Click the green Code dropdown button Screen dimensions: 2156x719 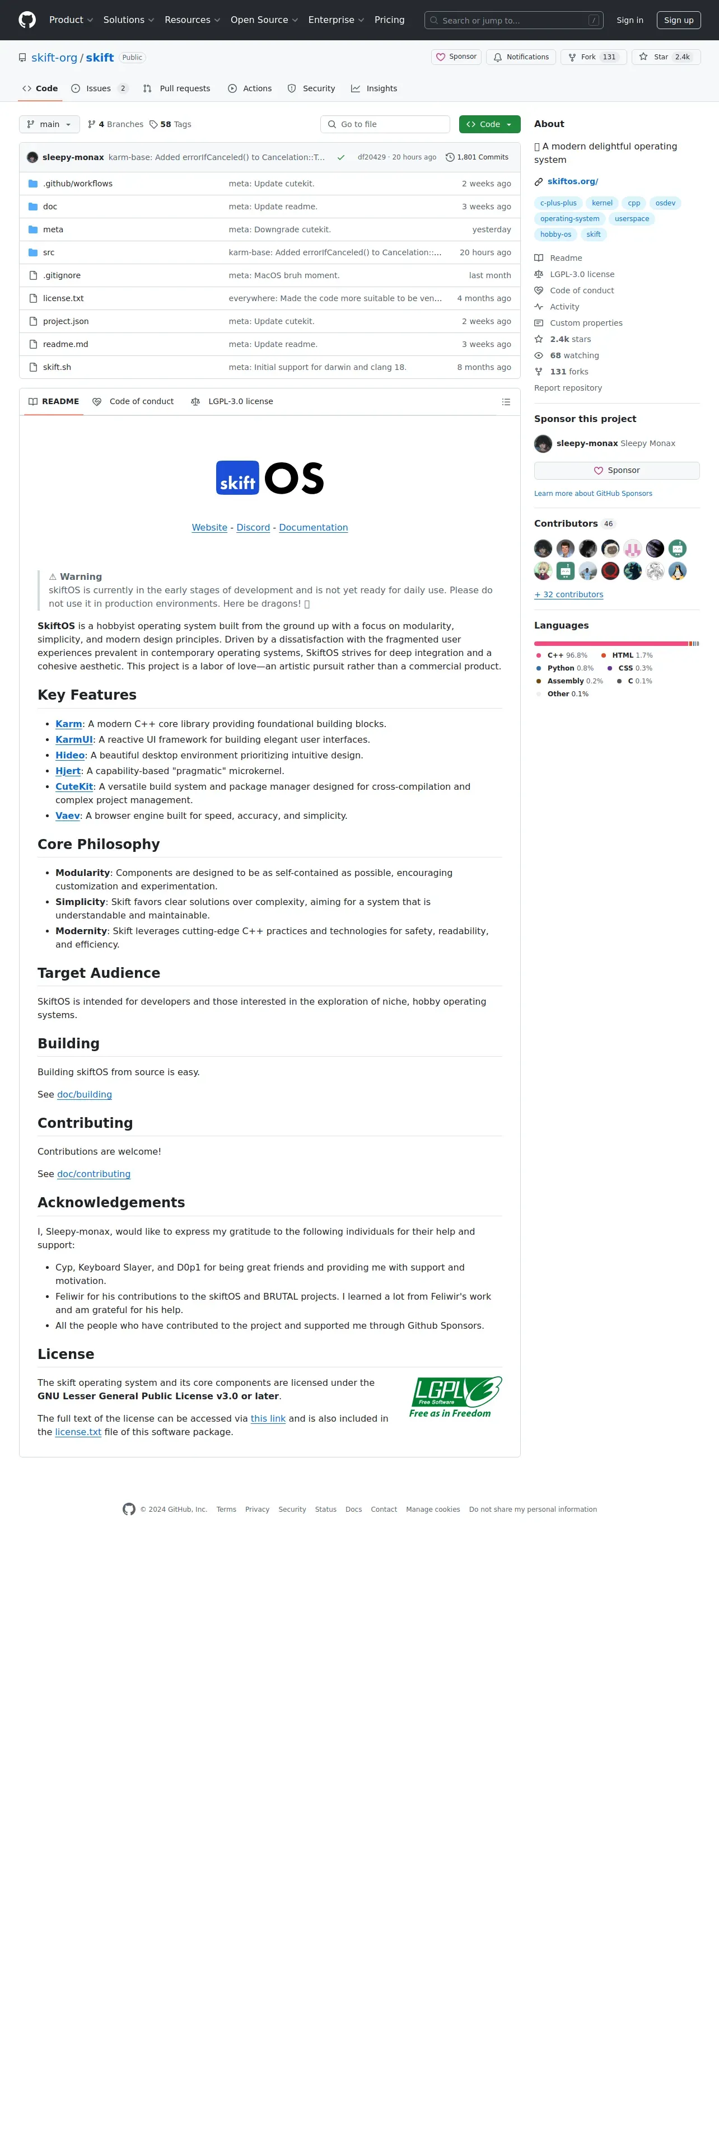pyautogui.click(x=489, y=124)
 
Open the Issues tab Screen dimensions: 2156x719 pyautogui.click(x=99, y=89)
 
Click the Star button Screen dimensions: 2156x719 pyautogui.click(x=665, y=57)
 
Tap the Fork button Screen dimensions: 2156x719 pyautogui.click(x=592, y=57)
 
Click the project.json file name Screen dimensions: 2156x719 pyautogui.click(x=66, y=321)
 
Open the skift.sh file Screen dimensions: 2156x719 pyautogui.click(x=57, y=367)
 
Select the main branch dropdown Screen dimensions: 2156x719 pyautogui.click(x=49, y=124)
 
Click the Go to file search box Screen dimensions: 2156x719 pyautogui.click(x=385, y=124)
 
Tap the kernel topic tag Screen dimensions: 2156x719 pyautogui.click(x=602, y=203)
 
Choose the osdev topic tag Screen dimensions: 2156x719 pyautogui.click(x=665, y=203)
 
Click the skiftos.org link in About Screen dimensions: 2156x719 pyautogui.click(x=572, y=181)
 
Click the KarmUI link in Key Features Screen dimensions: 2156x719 pyautogui.click(x=74, y=740)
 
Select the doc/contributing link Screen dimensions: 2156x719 pyautogui.click(x=94, y=1174)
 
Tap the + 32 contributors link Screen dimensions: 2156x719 pyautogui.click(x=568, y=594)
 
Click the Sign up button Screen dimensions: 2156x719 pyautogui.click(x=678, y=20)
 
